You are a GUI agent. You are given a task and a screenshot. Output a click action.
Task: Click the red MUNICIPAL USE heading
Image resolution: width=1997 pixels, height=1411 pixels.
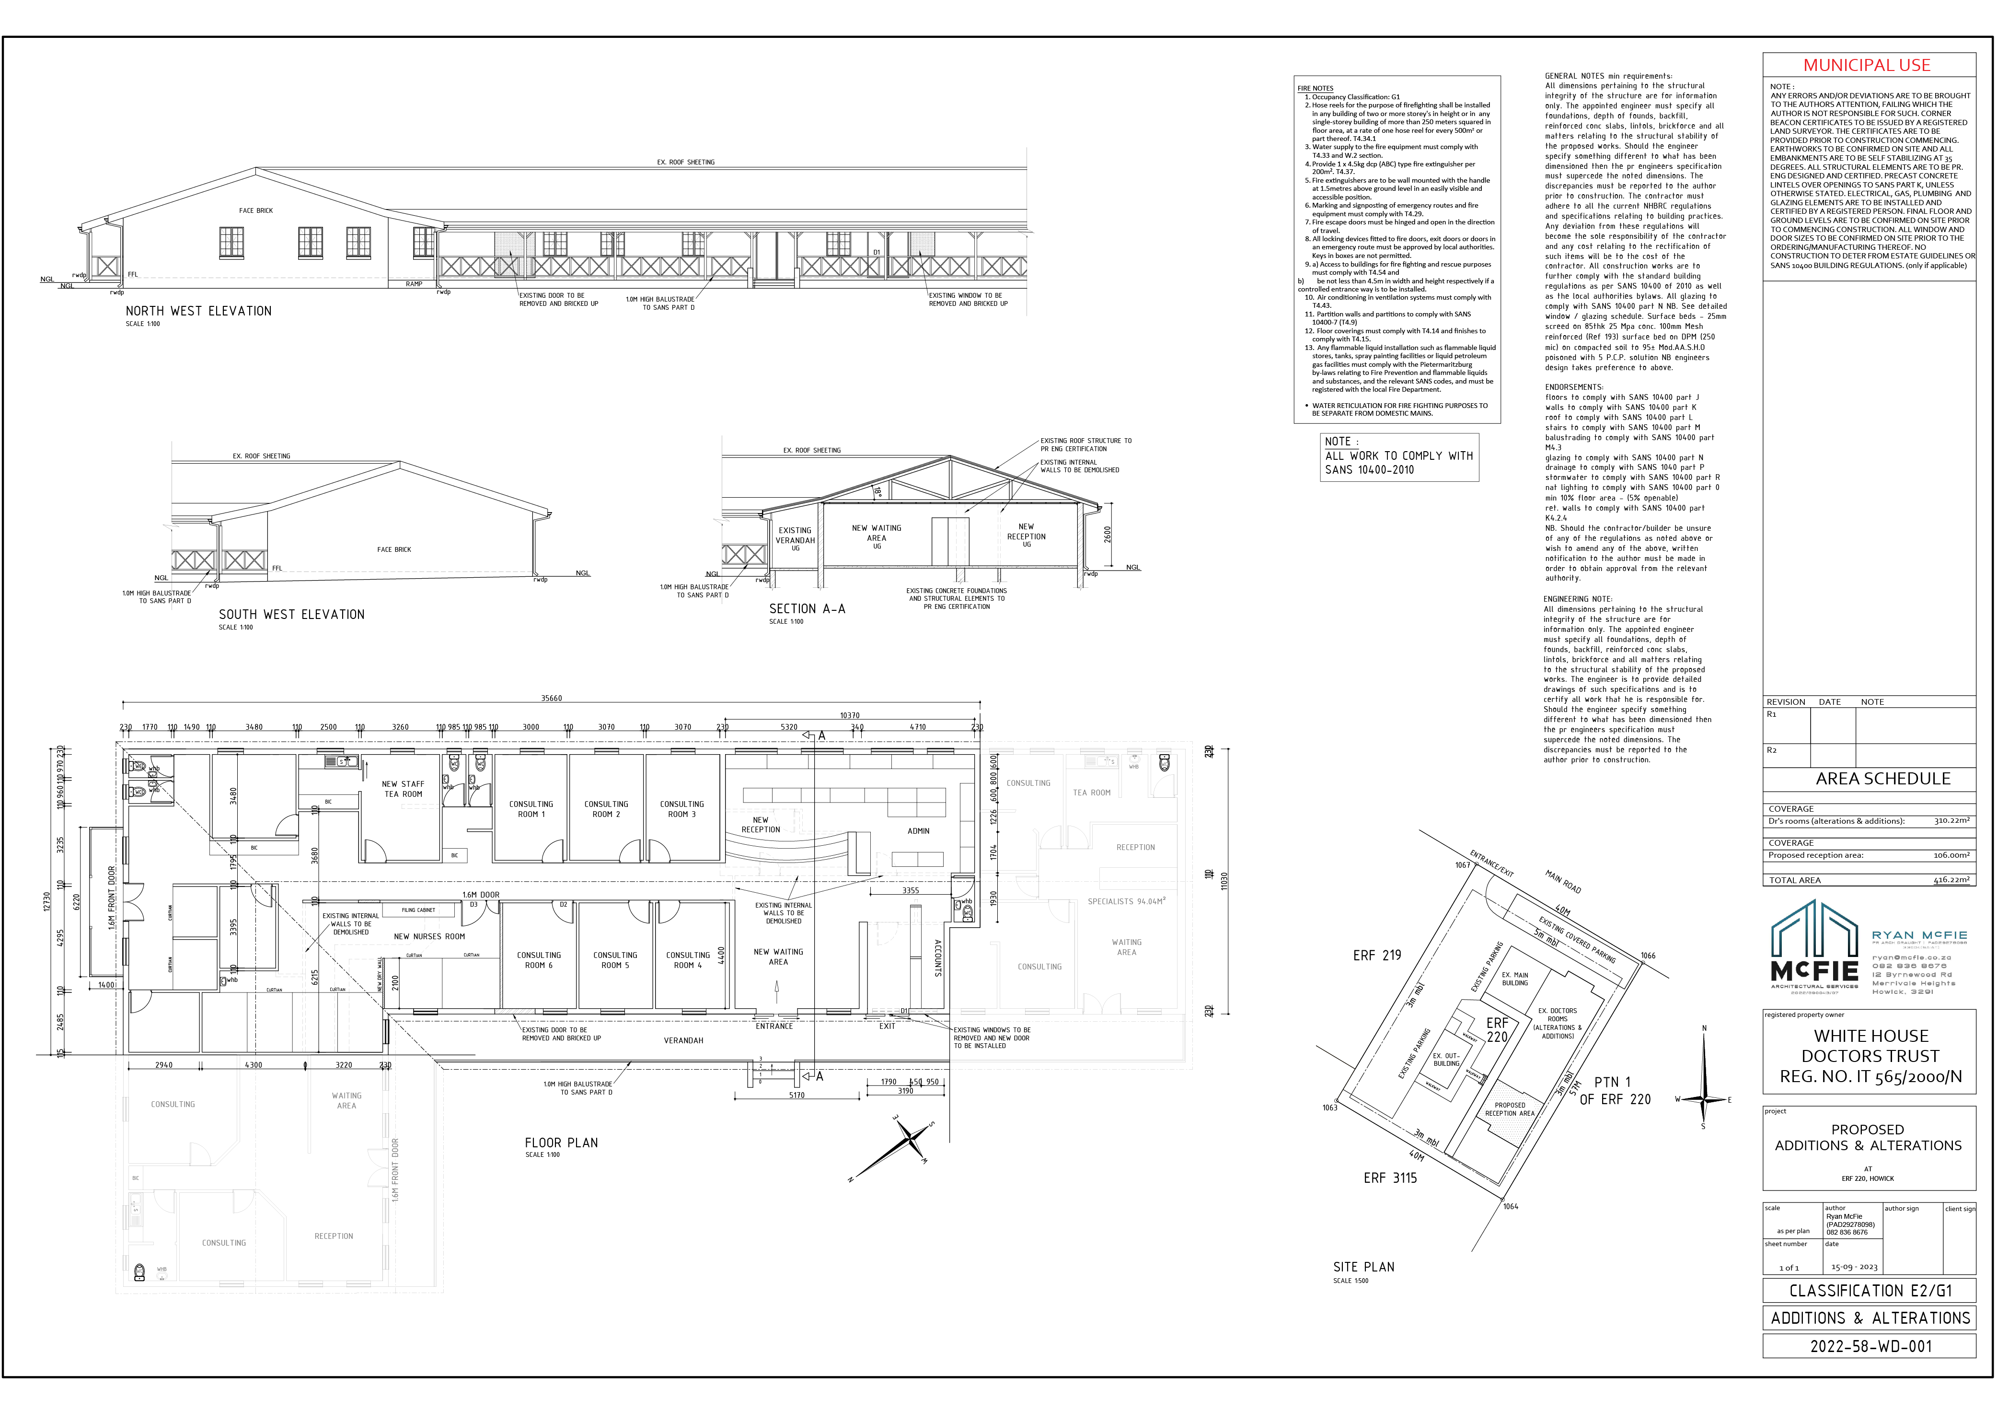[x=1867, y=65]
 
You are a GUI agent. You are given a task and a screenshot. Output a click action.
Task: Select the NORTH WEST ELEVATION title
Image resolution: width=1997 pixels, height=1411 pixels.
[x=198, y=311]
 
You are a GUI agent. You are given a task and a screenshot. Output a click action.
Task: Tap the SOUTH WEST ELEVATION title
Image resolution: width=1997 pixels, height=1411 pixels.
[x=291, y=614]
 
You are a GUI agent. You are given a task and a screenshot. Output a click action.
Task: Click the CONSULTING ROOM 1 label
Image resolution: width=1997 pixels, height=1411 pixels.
[x=531, y=809]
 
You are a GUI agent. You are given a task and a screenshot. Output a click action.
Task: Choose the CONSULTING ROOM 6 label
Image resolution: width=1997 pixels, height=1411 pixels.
[x=538, y=959]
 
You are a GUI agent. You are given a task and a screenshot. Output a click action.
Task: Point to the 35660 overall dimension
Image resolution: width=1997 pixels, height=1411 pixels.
[x=552, y=698]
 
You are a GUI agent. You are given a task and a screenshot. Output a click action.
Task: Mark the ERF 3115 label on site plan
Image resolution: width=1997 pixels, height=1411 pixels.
[x=1390, y=1178]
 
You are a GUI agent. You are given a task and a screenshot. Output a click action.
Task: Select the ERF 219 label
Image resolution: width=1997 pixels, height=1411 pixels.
[x=1377, y=955]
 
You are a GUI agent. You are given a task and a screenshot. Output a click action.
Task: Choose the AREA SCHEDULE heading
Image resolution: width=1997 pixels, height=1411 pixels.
[x=1882, y=779]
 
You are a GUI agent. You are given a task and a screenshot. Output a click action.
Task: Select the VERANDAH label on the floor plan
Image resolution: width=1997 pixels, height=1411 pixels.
[x=683, y=1040]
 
